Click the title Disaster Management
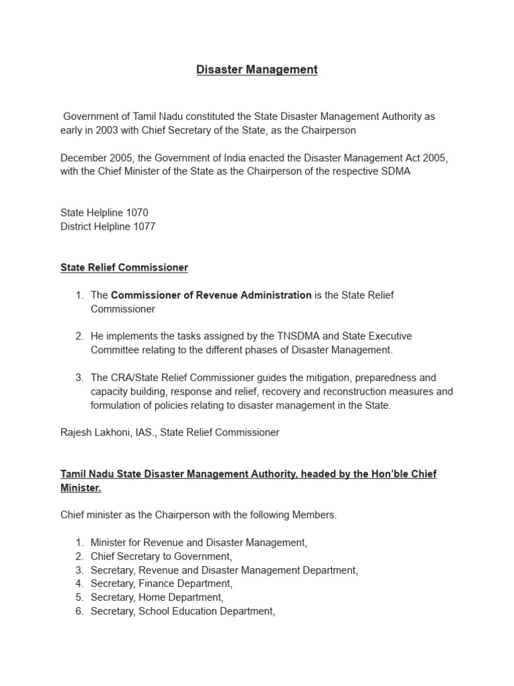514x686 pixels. pyautogui.click(x=257, y=70)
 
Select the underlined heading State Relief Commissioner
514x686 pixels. pyautogui.click(x=124, y=267)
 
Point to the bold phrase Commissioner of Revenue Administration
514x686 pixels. pyautogui.click(x=211, y=295)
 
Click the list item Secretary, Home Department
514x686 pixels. pyautogui.click(x=157, y=597)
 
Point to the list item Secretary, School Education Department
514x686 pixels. pyautogui.click(x=183, y=611)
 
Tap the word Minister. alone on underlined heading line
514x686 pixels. pyautogui.click(x=80, y=488)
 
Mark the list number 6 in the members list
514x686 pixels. pyautogui.click(x=79, y=611)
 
